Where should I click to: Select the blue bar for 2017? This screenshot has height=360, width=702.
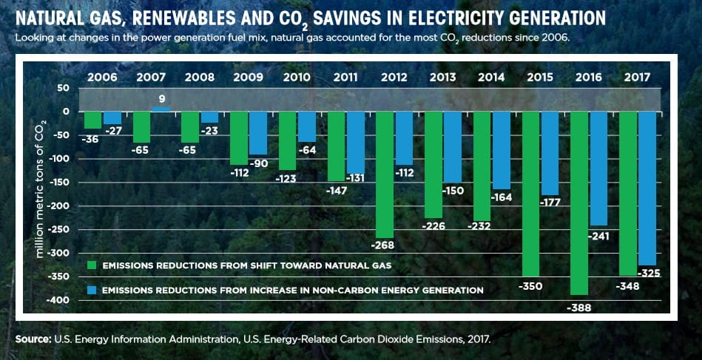click(x=647, y=188)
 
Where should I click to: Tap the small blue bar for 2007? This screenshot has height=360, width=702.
click(x=161, y=109)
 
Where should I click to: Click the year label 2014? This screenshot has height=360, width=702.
click(x=491, y=77)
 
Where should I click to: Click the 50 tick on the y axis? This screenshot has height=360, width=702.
click(x=63, y=88)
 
